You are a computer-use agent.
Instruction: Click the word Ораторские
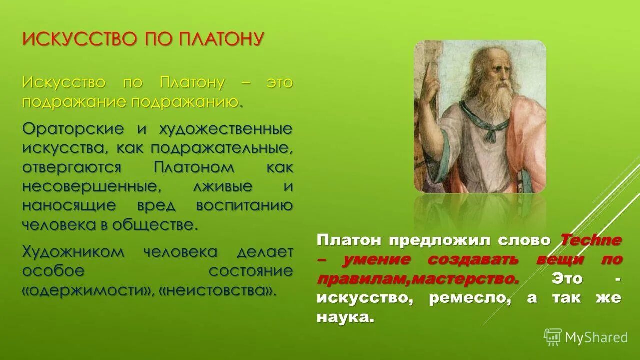[73, 129]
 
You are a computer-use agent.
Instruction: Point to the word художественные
[225, 129]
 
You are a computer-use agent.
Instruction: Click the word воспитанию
[244, 205]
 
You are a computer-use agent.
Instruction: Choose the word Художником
[73, 252]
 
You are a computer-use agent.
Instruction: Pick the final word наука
[345, 317]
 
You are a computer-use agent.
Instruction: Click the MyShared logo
[586, 337]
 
